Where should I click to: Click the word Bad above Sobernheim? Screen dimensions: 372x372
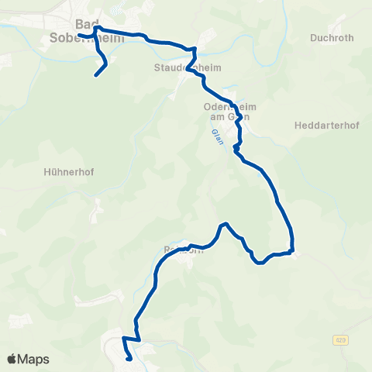pos(87,23)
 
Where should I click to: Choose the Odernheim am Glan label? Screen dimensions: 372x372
pos(224,112)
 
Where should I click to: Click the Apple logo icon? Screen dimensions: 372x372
pos(12,359)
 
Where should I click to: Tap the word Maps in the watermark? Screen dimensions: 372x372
pos(34,359)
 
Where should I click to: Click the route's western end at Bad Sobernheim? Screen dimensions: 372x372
pos(78,34)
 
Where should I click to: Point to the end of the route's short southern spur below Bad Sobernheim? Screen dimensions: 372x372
pos(95,75)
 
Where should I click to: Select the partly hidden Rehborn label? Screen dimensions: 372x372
pos(183,250)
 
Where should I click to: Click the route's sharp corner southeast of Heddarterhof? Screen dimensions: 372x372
pos(292,250)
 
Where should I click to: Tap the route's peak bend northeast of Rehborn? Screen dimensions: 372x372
pos(225,224)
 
